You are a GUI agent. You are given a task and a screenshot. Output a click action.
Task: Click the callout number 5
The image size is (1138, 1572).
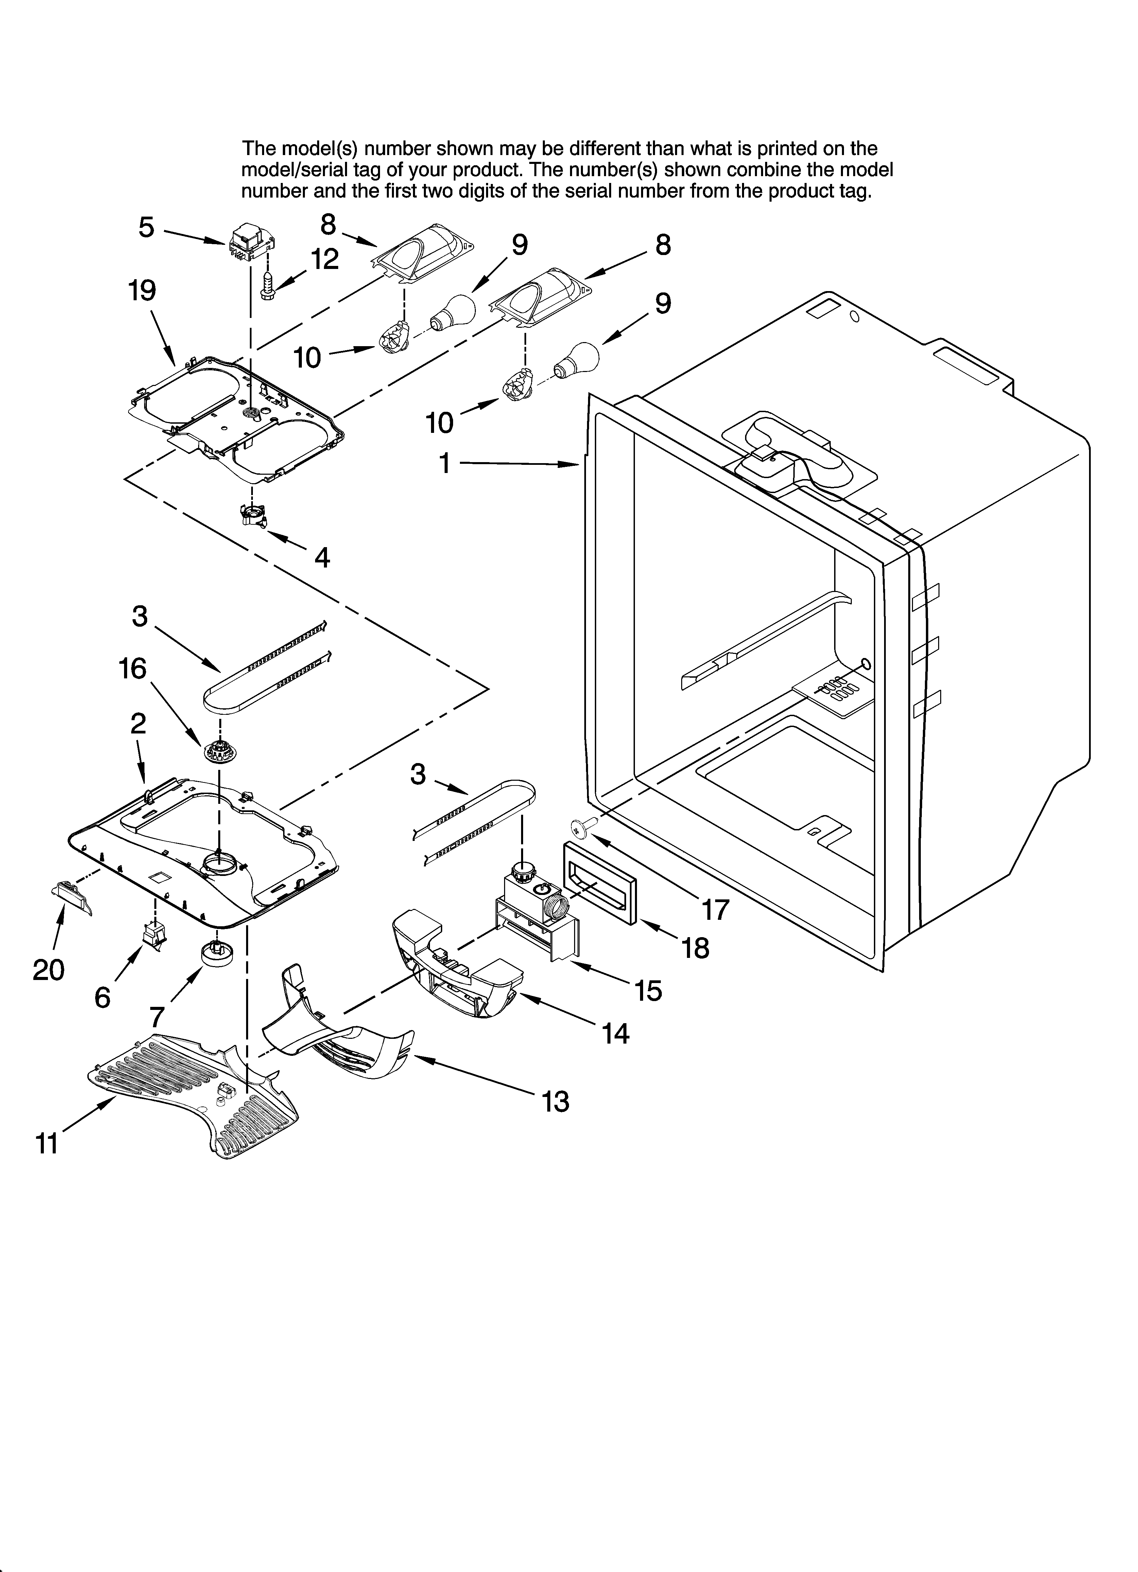[x=146, y=227]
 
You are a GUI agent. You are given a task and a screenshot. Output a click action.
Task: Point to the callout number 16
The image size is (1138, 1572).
[x=132, y=669]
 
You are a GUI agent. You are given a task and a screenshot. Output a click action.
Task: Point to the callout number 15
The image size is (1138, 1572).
[x=648, y=991]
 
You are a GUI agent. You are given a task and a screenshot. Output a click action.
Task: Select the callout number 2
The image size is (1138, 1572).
[x=138, y=724]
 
